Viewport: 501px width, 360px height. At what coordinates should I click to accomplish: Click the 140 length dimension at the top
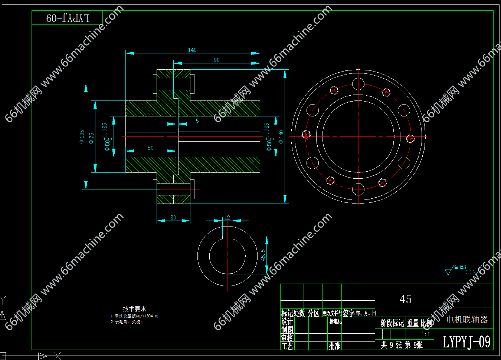coord(192,50)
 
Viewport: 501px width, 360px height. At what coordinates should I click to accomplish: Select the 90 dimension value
coord(217,60)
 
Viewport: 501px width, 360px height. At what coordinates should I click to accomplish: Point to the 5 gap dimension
coord(197,121)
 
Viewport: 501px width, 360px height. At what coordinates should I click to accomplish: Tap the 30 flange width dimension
coord(173,218)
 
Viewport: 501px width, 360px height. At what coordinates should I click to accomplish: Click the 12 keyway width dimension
coord(227,218)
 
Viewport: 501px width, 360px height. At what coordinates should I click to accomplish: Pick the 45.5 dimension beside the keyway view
coord(263,255)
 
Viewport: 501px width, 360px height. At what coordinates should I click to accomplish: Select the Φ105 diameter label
coord(82,136)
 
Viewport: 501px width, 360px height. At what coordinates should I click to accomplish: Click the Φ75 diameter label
coord(92,138)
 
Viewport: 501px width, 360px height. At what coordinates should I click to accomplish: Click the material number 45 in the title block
coord(405,299)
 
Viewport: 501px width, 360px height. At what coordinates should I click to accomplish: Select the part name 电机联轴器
coord(467,320)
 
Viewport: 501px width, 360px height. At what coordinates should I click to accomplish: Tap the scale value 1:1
coord(426,334)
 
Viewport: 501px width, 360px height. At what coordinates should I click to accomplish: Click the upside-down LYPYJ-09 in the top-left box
coord(68,18)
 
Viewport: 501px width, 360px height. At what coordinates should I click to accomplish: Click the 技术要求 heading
coord(134,308)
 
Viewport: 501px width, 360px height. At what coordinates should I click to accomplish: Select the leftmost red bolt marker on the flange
coord(306,134)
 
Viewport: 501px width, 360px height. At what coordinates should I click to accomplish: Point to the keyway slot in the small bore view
coord(227,232)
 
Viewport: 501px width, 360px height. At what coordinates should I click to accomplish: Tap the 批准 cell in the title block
coord(334,346)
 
